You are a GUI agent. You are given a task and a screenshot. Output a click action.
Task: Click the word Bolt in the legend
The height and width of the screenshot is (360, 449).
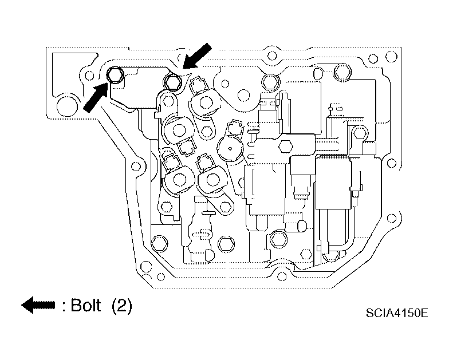pos(86,306)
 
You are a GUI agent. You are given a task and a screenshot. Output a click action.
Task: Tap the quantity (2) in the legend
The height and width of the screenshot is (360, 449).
pos(122,306)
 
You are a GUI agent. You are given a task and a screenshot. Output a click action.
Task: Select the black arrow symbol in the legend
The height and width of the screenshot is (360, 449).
pos(38,304)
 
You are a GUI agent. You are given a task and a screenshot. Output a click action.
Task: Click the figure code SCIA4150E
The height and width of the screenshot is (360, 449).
pos(397,312)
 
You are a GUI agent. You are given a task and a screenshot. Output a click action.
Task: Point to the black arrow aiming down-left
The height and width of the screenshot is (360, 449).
pos(197,56)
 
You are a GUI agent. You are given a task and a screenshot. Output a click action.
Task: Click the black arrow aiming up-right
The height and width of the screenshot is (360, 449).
pos(96,97)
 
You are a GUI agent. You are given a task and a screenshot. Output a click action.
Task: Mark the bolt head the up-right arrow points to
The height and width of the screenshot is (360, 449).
pos(115,75)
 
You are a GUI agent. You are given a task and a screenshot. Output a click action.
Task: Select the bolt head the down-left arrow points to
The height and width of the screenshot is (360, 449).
pos(173,82)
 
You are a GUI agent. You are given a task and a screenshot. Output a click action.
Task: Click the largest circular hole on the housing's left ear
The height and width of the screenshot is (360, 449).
pos(67,106)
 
